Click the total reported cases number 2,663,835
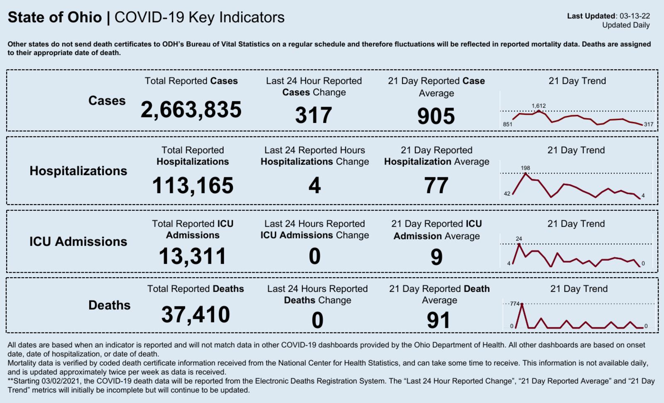[191, 110]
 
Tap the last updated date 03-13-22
[635, 16]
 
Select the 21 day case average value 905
[436, 116]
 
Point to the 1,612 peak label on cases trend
[539, 106]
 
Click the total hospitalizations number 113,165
[193, 186]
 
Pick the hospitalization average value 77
[436, 186]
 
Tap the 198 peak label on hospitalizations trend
[525, 168]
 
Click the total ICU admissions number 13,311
[193, 256]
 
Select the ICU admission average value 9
[436, 257]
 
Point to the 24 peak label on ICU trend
[519, 239]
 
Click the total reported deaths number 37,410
[195, 315]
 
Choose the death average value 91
[439, 320]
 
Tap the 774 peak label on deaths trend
[515, 304]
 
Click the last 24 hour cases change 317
[314, 115]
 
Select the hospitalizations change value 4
[315, 186]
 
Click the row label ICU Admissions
[78, 242]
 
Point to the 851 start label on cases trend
[508, 124]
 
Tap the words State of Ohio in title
[55, 17]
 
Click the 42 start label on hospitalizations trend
[507, 194]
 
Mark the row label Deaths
[109, 305]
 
